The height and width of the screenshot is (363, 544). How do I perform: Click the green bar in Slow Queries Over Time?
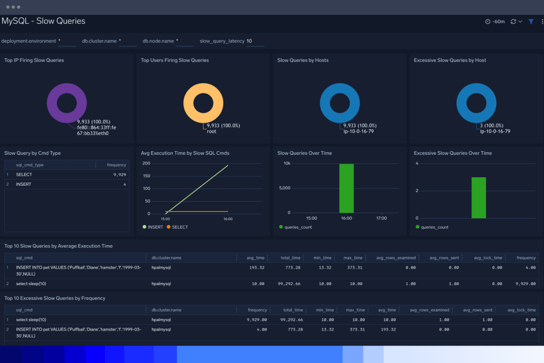coord(346,188)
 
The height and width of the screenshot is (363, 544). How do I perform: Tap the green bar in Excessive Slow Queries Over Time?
coord(478,197)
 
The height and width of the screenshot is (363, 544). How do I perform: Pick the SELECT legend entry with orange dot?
coord(180,227)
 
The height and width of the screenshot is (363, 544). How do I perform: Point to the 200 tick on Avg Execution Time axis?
coord(147,163)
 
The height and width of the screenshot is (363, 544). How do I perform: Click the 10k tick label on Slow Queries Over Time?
coord(286,163)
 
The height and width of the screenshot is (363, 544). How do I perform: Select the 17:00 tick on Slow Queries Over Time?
coord(381,218)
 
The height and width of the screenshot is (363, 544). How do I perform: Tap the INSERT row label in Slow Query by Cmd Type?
coord(23,184)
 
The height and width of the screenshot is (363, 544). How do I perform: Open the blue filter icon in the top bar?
coord(531,22)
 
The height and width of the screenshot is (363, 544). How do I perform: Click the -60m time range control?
coord(495,22)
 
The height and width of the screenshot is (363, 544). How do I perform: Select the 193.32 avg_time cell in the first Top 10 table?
coord(257,268)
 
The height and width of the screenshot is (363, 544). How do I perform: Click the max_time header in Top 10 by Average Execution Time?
coord(353,258)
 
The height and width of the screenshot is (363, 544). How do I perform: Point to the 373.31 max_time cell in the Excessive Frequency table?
coord(355,330)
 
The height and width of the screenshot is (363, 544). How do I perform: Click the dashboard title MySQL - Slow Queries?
coord(44,21)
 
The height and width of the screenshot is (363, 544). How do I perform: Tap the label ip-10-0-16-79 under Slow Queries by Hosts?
coord(359,132)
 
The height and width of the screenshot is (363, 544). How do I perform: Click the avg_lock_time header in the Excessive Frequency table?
coord(522,310)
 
